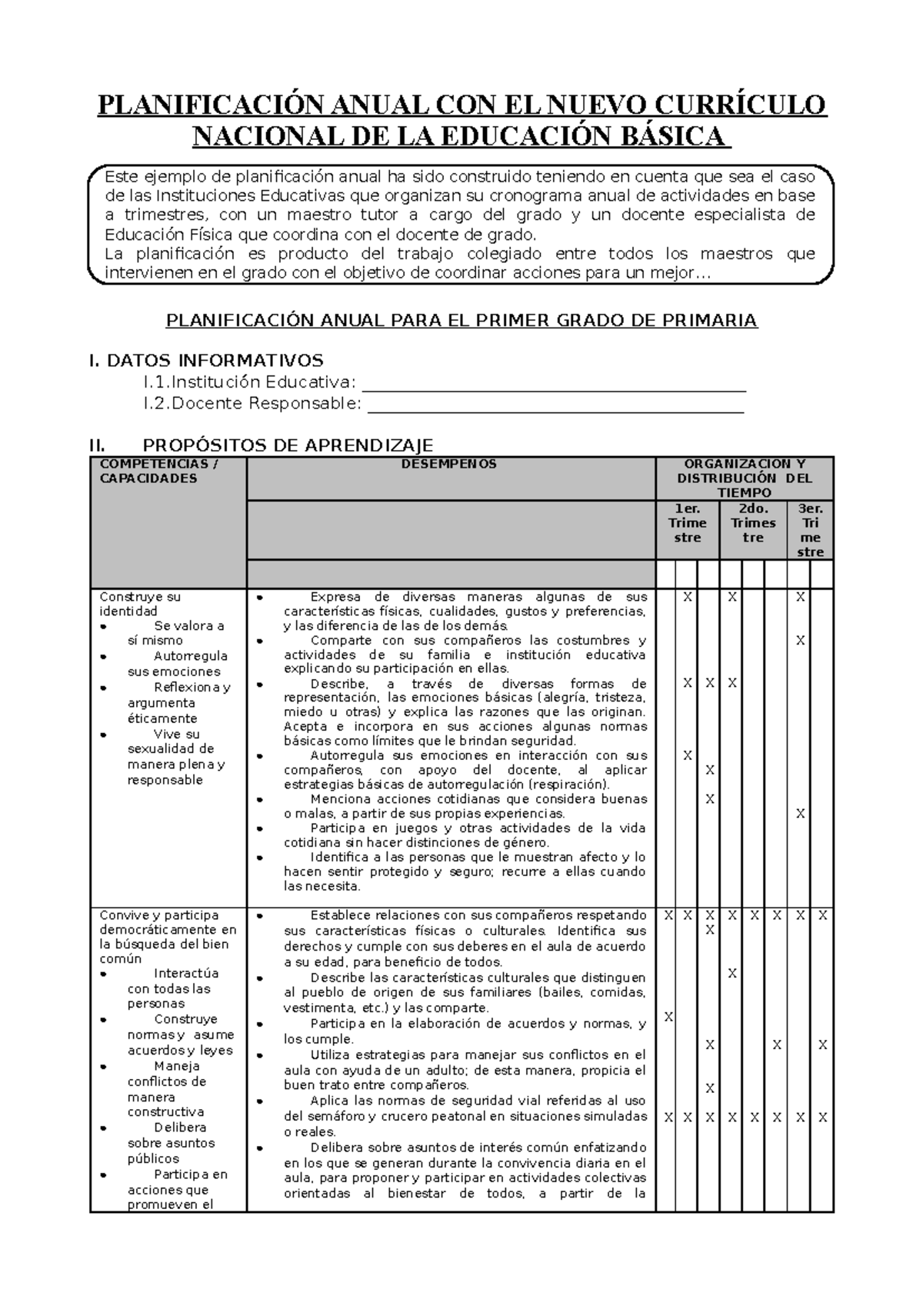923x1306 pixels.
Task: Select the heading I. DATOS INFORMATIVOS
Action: click(x=206, y=360)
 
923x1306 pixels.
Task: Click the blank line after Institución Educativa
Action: click(x=554, y=384)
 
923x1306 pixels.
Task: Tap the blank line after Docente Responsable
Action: click(x=555, y=405)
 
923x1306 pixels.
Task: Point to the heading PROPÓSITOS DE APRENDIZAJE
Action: click(x=288, y=445)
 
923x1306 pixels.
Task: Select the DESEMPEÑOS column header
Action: click(x=451, y=464)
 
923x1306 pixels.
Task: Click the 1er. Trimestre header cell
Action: click(x=687, y=523)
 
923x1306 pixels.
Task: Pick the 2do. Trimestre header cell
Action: click(x=753, y=523)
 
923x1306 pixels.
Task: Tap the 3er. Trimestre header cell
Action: click(x=810, y=530)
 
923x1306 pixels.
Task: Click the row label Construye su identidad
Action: click(x=140, y=604)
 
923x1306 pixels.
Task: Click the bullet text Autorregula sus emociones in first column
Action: click(x=177, y=664)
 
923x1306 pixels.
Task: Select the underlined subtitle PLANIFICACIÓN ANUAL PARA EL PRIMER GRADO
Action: click(x=461, y=320)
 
